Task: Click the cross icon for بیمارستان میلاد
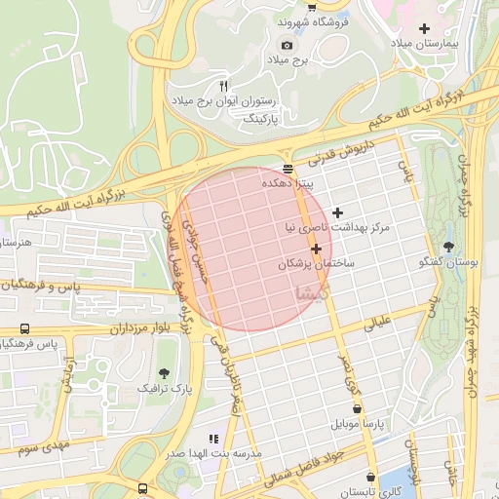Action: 423,28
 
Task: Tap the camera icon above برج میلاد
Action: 287,45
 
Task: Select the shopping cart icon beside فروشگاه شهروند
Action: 311,5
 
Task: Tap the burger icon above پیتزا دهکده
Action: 287,167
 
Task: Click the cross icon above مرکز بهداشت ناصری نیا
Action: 337,212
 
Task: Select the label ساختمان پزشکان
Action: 317,264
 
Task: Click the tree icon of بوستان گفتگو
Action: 448,247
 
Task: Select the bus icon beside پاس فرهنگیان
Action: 24,329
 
